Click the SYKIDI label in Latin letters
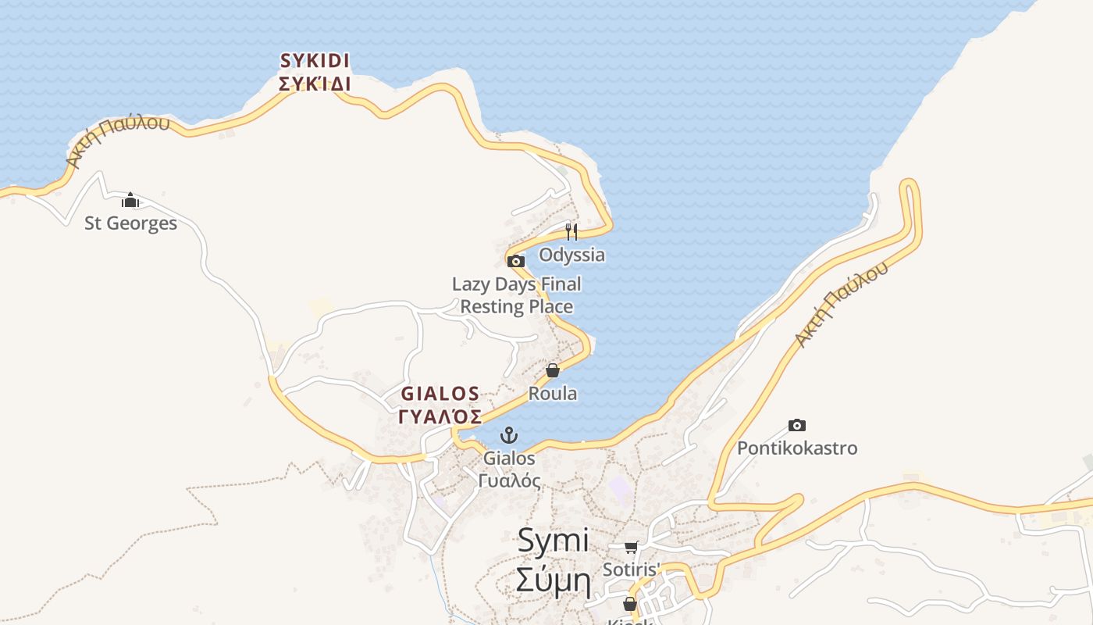pos(315,60)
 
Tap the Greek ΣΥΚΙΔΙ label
pos(315,84)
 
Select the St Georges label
pos(130,223)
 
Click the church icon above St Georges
pos(130,201)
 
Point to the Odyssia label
pos(571,255)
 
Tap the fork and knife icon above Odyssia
pos(571,231)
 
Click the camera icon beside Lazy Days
pos(515,262)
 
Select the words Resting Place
pos(516,306)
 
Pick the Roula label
pos(553,393)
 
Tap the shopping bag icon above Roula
pos(553,370)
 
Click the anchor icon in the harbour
pos(509,435)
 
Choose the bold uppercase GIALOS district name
pos(440,393)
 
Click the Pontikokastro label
pos(797,448)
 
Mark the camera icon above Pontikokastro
pos(796,426)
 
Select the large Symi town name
pos(553,541)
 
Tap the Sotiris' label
pos(631,570)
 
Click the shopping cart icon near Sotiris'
pos(631,547)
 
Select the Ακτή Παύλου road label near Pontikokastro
pos(841,305)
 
